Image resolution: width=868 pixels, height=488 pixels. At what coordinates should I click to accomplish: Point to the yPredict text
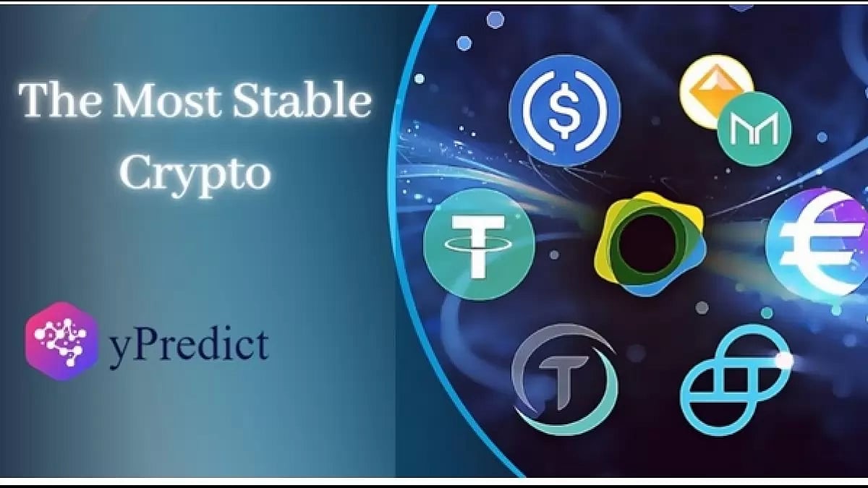coord(189,346)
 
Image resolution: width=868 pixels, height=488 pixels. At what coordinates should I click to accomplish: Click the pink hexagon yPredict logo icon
coord(61,341)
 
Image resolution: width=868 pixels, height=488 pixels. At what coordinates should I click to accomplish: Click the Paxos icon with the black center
coord(649,245)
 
